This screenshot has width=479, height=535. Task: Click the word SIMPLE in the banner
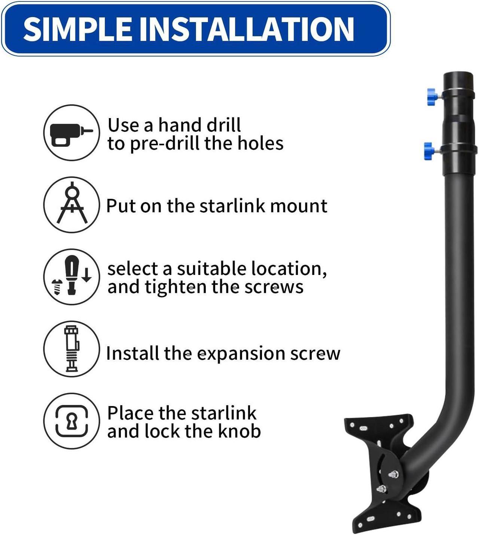point(77,29)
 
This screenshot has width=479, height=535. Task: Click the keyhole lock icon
point(71,421)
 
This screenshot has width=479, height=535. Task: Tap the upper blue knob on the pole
point(433,97)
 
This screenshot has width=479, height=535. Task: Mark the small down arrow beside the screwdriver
point(86,275)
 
